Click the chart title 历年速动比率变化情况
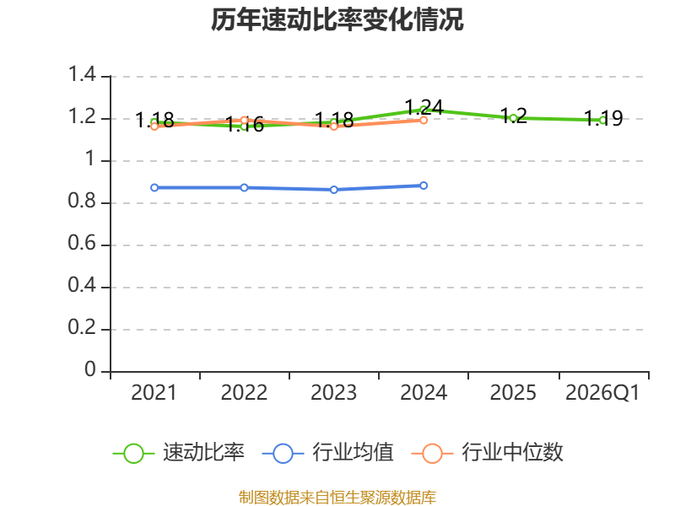(x=337, y=19)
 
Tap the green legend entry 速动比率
(x=179, y=453)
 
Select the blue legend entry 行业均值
(x=327, y=453)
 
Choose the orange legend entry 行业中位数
(x=488, y=453)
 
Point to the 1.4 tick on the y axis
(x=82, y=74)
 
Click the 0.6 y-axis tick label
(x=82, y=243)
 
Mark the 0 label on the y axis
(x=90, y=369)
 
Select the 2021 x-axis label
(x=154, y=393)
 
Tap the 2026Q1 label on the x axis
(x=602, y=393)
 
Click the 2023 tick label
(x=333, y=393)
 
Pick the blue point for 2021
(x=154, y=187)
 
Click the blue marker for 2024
(x=424, y=186)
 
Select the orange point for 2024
(x=424, y=120)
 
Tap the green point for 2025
(x=513, y=118)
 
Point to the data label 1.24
(x=424, y=107)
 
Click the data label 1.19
(x=603, y=118)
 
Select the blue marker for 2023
(x=333, y=190)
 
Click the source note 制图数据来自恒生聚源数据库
(x=337, y=498)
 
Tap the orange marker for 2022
(x=244, y=120)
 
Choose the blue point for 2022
(x=244, y=187)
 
